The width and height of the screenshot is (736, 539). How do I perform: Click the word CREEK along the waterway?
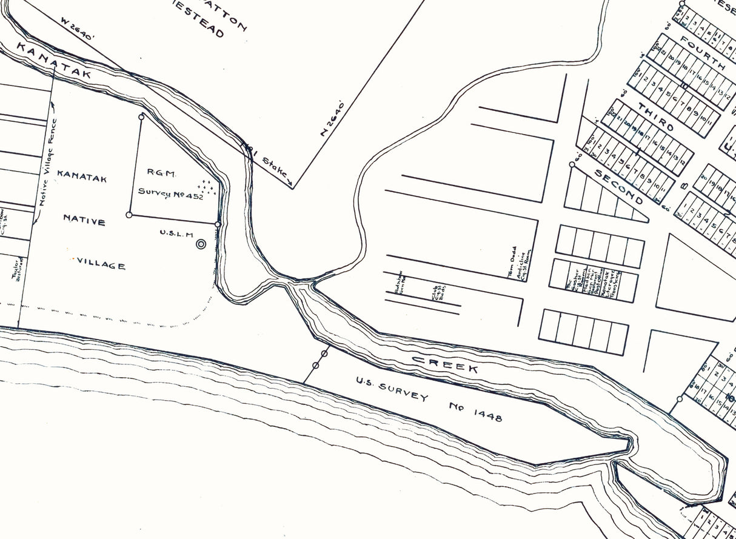pos(445,364)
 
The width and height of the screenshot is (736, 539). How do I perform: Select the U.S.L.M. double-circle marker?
pos(201,244)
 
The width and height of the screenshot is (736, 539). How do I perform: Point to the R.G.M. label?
pos(162,173)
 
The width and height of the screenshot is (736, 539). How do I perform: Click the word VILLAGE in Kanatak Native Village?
pos(102,265)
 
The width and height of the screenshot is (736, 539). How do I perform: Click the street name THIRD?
pos(655,118)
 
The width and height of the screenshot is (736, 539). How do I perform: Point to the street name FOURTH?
pos(702,53)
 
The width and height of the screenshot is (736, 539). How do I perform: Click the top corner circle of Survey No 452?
pos(141,116)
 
